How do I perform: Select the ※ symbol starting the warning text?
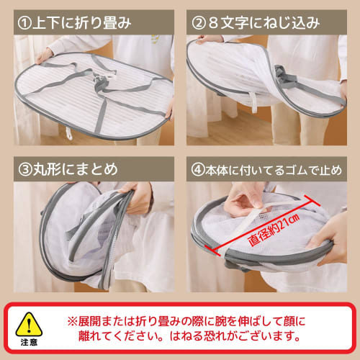tap(72, 318)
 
